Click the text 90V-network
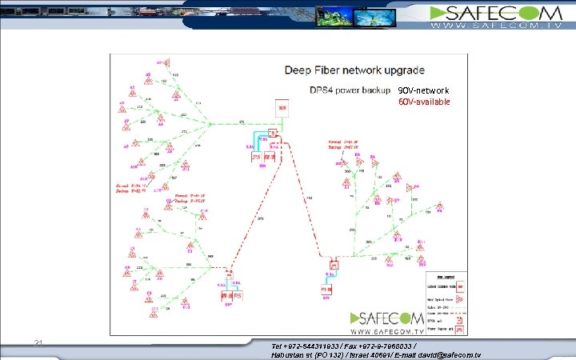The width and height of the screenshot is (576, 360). click(x=424, y=90)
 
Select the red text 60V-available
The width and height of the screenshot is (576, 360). click(x=424, y=102)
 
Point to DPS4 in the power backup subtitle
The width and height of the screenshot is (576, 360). click(x=322, y=89)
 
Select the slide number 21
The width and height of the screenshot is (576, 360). click(x=38, y=343)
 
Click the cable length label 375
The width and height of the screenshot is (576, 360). click(x=242, y=121)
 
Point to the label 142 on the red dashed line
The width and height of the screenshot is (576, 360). click(x=310, y=196)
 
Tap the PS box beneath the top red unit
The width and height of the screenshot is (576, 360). click(x=258, y=157)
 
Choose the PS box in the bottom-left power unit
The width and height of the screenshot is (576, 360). click(x=238, y=294)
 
